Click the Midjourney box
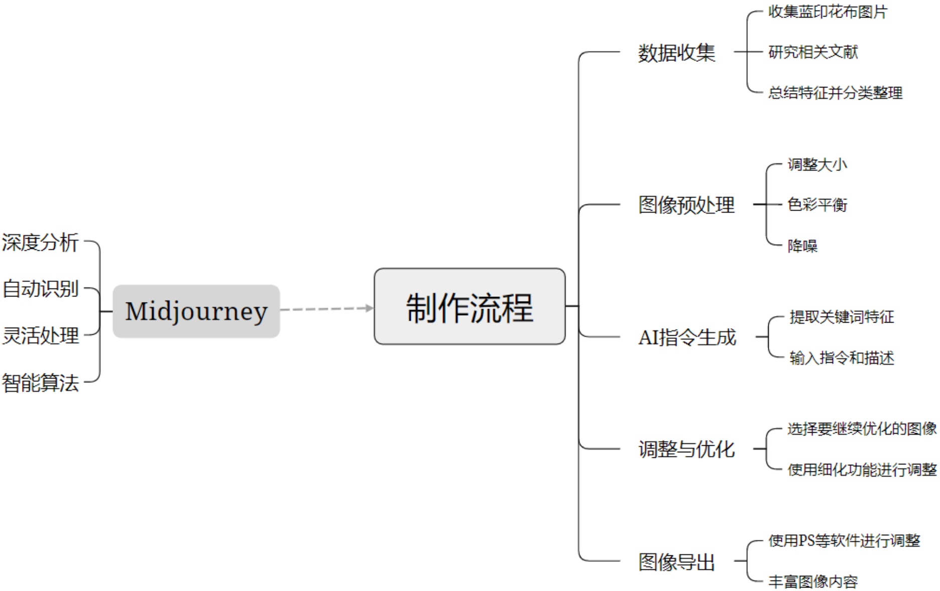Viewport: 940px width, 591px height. click(x=196, y=311)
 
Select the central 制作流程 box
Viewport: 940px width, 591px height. click(x=469, y=307)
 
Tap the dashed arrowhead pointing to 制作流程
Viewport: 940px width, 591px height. click(x=370, y=308)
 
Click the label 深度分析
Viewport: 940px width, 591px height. click(x=40, y=242)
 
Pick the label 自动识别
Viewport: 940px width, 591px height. click(x=40, y=289)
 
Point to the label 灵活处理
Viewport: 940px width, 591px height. click(x=40, y=336)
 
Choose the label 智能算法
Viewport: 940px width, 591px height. click(x=40, y=383)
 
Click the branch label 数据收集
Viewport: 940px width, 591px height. click(x=676, y=53)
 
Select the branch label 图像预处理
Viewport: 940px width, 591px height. click(x=686, y=205)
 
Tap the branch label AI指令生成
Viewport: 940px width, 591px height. click(x=687, y=337)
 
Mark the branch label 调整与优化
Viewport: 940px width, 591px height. click(x=686, y=449)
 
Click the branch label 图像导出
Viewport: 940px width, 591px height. click(x=676, y=562)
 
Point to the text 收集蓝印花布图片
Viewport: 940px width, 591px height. click(x=828, y=12)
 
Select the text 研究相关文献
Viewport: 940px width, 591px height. click(x=813, y=52)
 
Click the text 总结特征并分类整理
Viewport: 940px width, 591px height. click(x=835, y=93)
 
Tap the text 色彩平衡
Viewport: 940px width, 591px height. click(x=817, y=205)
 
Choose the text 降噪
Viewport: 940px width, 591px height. click(x=802, y=246)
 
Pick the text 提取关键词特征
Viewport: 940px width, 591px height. click(x=842, y=317)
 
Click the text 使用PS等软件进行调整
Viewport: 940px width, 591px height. click(x=844, y=541)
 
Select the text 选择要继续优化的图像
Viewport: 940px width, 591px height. click(x=862, y=429)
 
